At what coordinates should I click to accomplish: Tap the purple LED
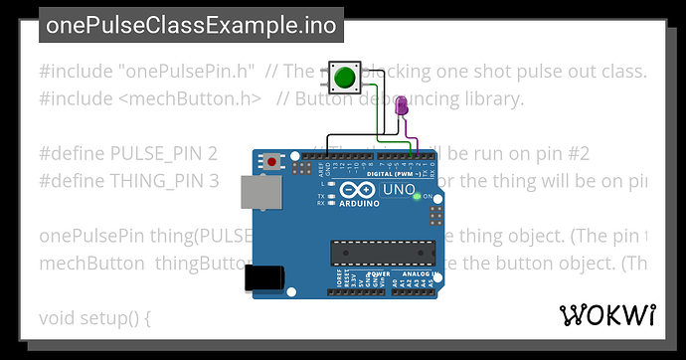tap(402, 105)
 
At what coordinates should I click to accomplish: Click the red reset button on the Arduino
tap(271, 160)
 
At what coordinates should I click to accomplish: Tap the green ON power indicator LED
tap(416, 196)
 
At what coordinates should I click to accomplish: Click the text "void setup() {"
tap(95, 319)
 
